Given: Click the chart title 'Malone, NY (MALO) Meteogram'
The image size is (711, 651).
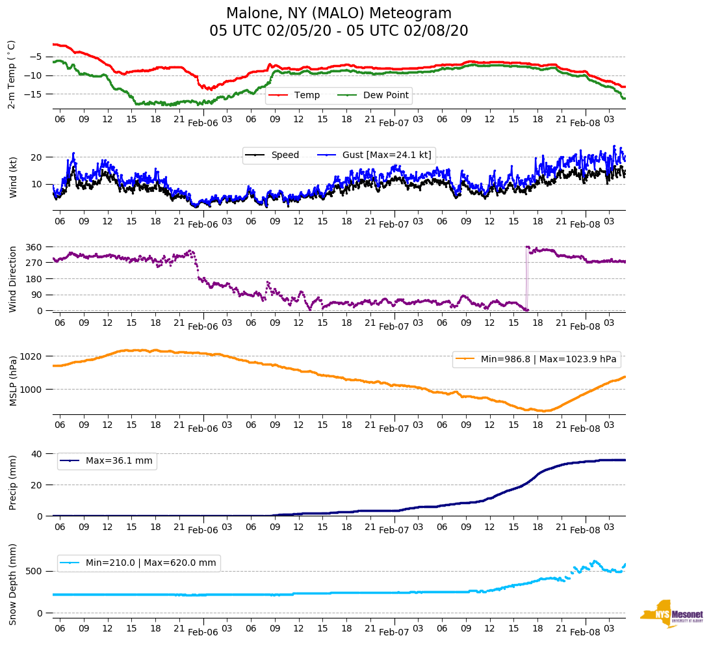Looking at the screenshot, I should (339, 14).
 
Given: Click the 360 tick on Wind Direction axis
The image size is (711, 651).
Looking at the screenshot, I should (34, 247).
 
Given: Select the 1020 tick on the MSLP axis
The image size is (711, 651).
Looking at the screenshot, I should (31, 356).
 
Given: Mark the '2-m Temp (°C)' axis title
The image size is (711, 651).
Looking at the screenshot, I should (12, 73).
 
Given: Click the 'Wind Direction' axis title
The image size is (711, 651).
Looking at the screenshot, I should (12, 279).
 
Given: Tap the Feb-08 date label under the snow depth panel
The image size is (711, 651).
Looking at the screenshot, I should (585, 633).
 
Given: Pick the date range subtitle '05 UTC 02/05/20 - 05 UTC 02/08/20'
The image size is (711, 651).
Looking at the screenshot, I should (339, 31).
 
